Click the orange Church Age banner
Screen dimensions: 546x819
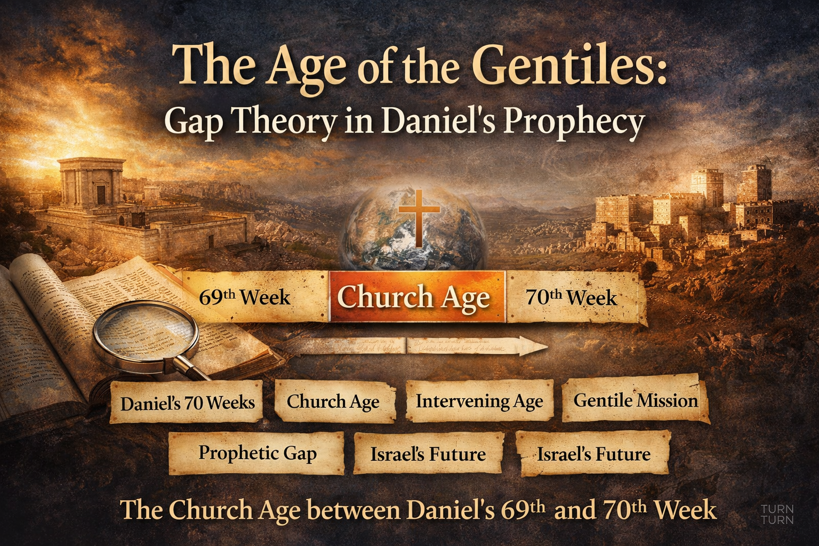[416, 297]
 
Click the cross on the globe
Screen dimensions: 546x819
[419, 216]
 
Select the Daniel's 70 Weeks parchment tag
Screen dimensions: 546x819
[187, 403]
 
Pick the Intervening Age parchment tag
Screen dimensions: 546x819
[479, 401]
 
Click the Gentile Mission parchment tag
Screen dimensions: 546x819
[635, 400]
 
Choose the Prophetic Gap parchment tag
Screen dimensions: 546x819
[257, 453]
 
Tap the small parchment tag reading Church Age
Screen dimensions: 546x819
[334, 402]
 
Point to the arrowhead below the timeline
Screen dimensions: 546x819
[536, 347]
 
